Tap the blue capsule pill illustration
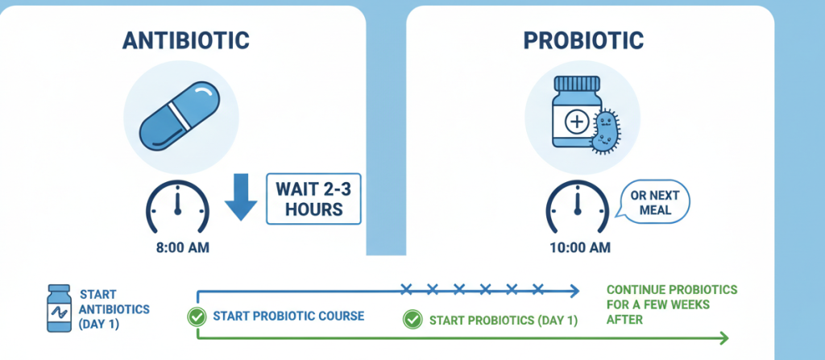point(177,117)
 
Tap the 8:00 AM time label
point(182,247)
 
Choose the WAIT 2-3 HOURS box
point(313,201)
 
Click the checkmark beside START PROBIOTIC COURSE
point(196,317)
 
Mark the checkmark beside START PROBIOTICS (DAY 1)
point(412,320)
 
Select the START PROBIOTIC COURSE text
point(287,317)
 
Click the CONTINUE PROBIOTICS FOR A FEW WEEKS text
point(671,304)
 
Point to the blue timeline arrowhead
point(574,290)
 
